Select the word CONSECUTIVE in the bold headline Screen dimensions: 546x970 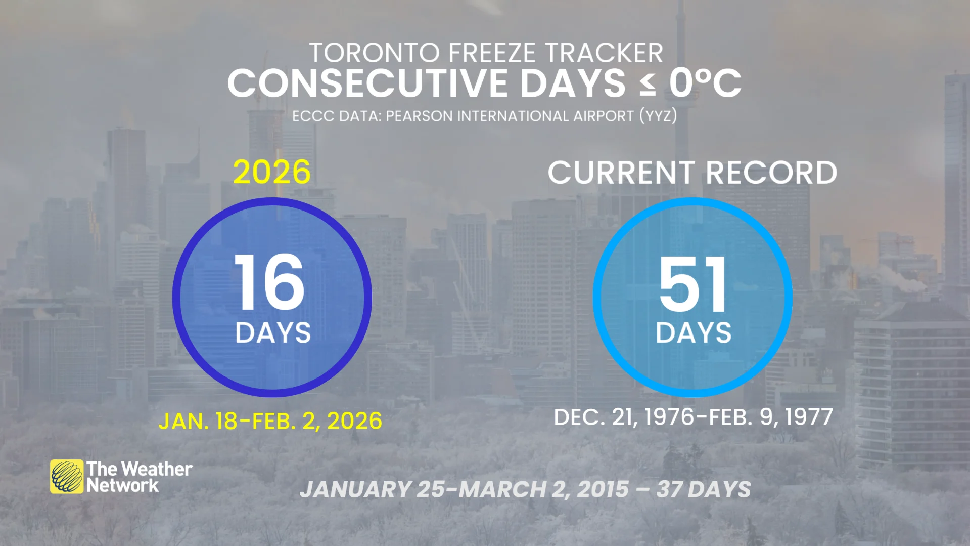click(366, 83)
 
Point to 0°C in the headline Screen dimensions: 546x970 click(705, 83)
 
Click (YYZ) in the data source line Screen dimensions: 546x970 click(658, 116)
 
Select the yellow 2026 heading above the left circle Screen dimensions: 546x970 click(271, 172)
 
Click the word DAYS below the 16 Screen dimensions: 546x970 click(273, 333)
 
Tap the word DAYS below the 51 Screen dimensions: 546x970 click(694, 333)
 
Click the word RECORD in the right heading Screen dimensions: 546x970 click(771, 173)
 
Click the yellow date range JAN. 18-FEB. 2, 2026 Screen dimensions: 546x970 click(270, 421)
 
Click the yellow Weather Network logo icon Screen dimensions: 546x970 click(67, 476)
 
